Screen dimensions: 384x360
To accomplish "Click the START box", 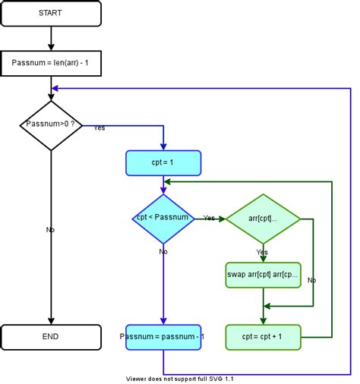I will [50, 13].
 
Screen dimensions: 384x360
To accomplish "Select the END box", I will [50, 335].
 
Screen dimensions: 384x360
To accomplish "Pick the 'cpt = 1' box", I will [163, 162].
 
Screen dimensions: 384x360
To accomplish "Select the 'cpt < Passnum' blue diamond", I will [163, 219].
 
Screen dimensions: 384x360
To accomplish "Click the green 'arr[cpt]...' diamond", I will [263, 219].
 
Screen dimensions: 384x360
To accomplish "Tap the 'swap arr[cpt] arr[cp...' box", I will [263, 274].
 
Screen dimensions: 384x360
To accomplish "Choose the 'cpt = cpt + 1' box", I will [263, 335].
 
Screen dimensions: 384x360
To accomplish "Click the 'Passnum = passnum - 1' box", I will [163, 335].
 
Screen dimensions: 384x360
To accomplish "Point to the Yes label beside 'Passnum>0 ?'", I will [99, 127].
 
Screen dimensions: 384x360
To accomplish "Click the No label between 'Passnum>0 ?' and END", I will [50, 228].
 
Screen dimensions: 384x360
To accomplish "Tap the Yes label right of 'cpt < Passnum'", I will [208, 218].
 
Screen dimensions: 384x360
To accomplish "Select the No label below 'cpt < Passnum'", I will [163, 250].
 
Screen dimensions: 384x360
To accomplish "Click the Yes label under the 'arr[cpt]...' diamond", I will [262, 252].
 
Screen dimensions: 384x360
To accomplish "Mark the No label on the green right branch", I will [311, 279].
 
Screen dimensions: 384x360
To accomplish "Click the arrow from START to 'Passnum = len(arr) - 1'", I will [50, 37].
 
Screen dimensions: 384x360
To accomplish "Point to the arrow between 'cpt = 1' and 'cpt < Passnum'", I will [163, 184].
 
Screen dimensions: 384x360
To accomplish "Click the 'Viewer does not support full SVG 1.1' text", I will [179, 379].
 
